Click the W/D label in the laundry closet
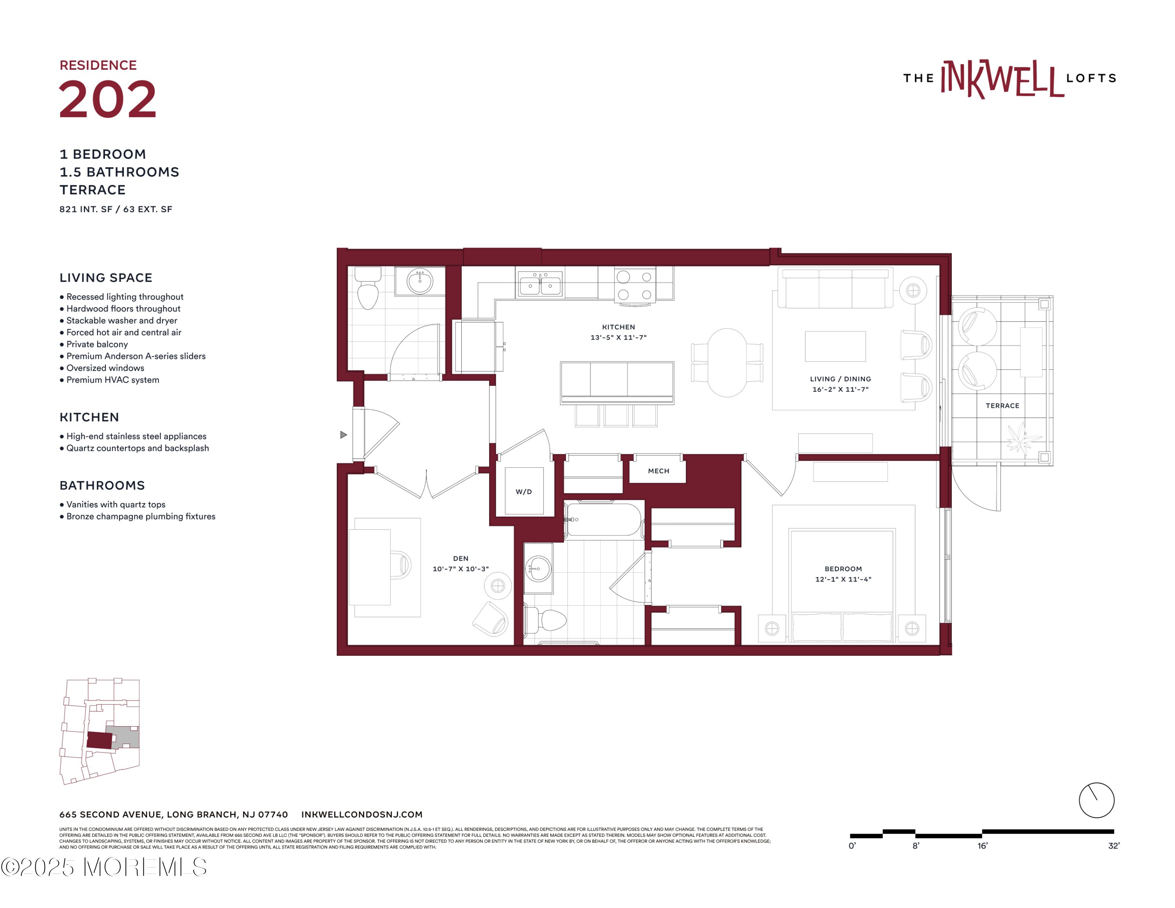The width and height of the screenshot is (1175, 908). (524, 492)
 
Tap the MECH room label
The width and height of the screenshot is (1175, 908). (658, 471)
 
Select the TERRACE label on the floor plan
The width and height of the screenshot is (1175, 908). (1002, 405)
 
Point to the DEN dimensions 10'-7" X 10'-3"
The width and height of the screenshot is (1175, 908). (461, 568)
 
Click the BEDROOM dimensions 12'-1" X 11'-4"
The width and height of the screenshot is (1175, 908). (843, 579)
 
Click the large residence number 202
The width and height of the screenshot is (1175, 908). (108, 99)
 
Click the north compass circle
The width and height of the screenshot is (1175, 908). (1096, 800)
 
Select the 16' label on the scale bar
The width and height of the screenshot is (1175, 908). (982, 846)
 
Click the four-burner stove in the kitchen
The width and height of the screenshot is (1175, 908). (635, 286)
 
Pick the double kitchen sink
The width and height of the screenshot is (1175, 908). (540, 284)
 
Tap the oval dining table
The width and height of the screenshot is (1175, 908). (727, 363)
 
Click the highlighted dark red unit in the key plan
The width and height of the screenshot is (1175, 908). (99, 740)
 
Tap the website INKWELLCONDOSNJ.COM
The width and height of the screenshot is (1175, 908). (362, 814)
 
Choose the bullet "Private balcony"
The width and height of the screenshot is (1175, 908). (94, 344)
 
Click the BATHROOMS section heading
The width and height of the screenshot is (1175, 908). (102, 485)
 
